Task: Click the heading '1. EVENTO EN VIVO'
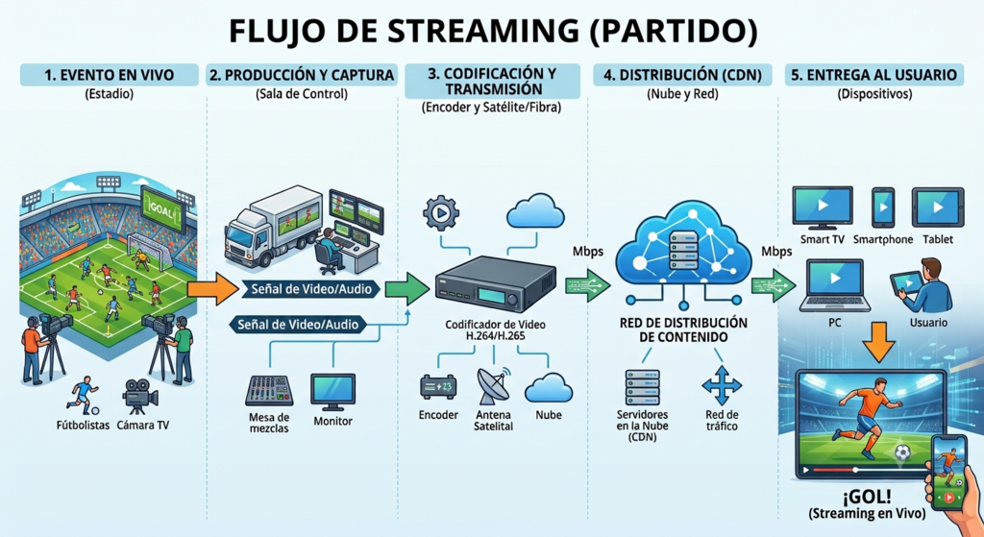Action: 109,75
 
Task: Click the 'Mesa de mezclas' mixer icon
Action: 269,391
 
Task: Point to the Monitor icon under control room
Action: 332,392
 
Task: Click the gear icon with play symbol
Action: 441,212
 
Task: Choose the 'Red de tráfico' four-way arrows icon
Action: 722,384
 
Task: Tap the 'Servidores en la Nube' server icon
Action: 642,387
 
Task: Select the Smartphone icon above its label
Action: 883,207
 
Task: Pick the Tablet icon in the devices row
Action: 938,207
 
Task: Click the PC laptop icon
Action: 835,285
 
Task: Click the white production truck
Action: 273,226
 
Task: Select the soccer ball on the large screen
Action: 902,452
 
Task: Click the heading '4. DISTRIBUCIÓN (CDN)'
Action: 683,75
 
